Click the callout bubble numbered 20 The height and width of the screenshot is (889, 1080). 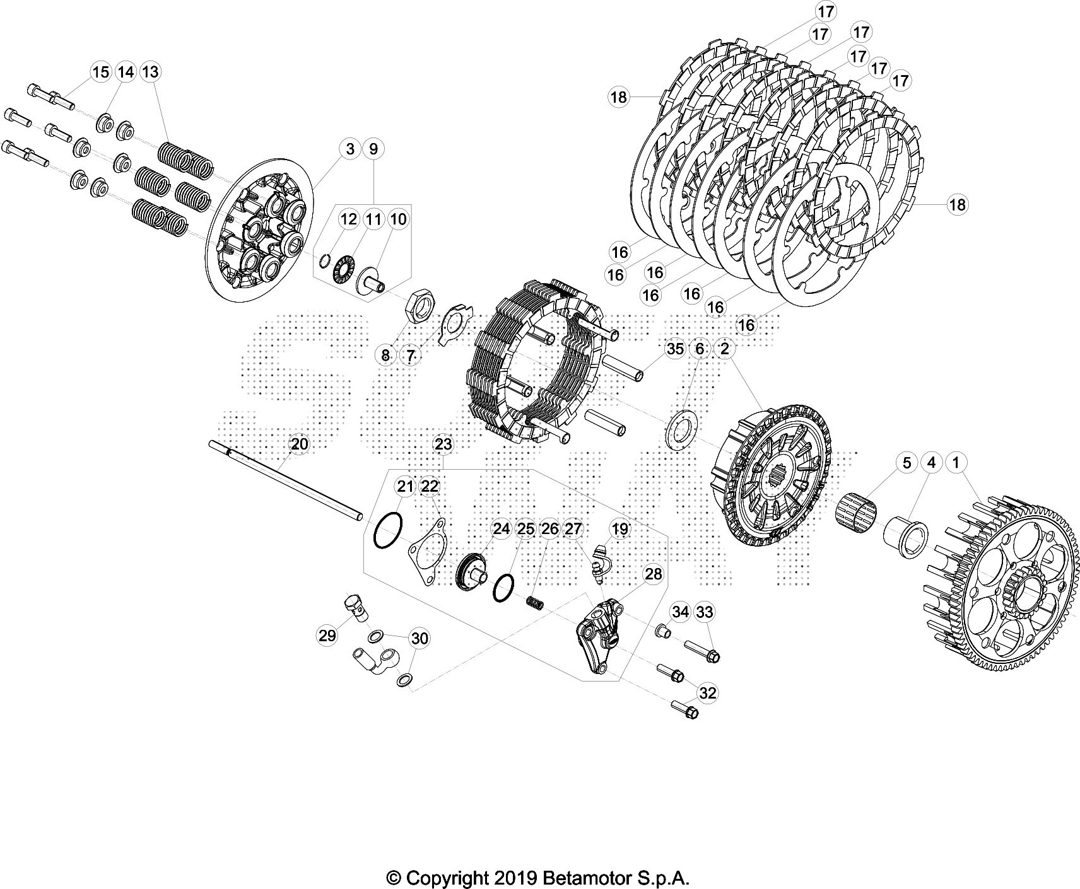coord(300,444)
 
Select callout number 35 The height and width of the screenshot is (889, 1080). coord(675,349)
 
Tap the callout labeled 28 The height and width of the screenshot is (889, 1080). coord(654,574)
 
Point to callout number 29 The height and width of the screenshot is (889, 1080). coord(327,636)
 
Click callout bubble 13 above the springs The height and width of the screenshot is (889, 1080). coord(151,73)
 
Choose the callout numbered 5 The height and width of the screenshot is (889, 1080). coord(907,463)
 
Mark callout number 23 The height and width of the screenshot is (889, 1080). coord(443,444)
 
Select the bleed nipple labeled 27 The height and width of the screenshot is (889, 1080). coord(600,561)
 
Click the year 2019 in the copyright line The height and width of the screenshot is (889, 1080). coord(514,878)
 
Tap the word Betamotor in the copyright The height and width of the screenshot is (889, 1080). coord(589,878)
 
